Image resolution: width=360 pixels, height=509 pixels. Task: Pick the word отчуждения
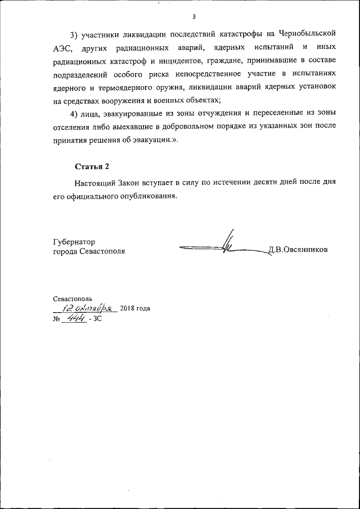click(221, 115)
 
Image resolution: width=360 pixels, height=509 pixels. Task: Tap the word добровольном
click(195, 130)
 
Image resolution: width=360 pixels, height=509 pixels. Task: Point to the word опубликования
click(148, 197)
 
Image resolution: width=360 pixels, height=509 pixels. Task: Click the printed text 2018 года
click(135, 308)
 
